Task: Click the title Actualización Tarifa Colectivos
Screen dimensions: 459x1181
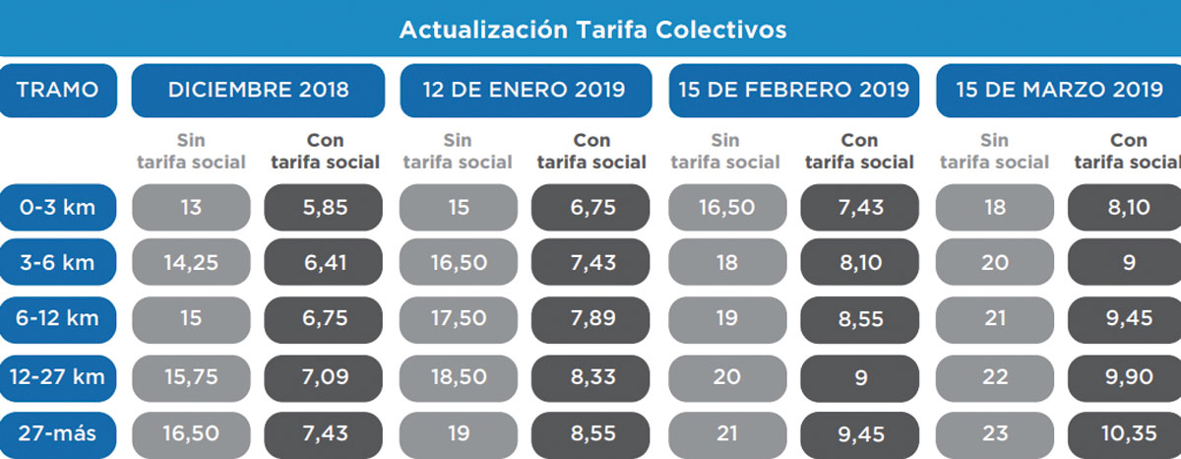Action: pos(592,30)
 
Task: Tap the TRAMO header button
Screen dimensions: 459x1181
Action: pos(58,91)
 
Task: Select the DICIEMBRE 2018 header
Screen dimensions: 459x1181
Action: pos(258,91)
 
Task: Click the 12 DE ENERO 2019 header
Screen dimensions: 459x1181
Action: pos(525,91)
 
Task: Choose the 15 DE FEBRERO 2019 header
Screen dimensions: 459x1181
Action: pos(793,91)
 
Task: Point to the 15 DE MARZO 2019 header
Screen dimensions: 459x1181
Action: pos(1059,91)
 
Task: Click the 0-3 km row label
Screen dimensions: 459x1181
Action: pos(58,208)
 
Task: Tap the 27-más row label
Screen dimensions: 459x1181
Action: pos(58,433)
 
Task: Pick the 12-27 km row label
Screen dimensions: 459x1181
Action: pos(58,377)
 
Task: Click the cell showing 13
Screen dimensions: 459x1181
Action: pos(191,208)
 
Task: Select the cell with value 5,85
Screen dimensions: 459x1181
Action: pos(323,208)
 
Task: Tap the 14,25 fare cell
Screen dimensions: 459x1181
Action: pos(191,263)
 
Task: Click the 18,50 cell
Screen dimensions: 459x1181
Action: pos(458,377)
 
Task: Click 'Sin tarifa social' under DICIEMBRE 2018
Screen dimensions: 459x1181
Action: pos(191,151)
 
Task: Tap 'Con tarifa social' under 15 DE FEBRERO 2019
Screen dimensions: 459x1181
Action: pos(859,151)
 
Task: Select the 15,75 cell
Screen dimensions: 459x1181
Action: pos(191,377)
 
